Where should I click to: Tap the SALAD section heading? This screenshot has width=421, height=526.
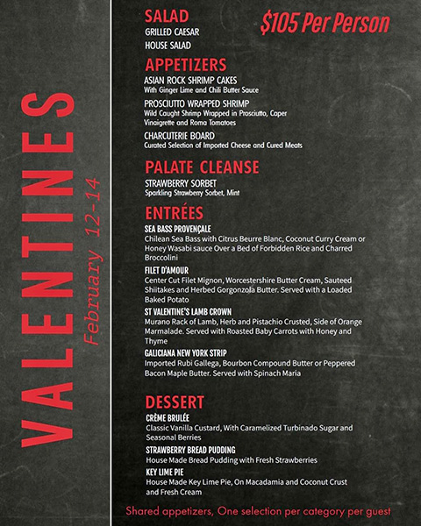165,16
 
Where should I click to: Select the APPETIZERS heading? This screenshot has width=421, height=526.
185,64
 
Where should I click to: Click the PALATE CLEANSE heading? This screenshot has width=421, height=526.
202,167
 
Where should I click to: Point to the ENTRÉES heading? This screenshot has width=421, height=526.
174,213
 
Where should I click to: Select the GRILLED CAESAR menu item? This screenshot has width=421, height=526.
172,32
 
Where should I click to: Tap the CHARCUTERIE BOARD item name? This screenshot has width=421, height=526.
179,136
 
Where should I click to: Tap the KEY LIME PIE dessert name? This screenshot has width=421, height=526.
166,472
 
